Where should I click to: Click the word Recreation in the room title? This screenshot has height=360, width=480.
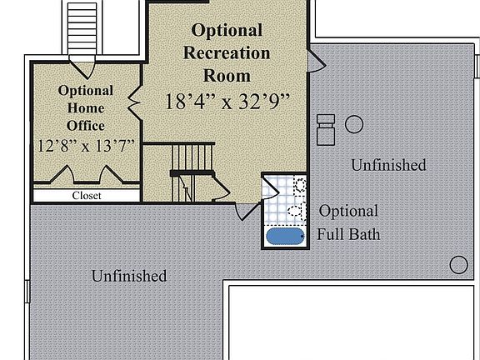tap(227, 53)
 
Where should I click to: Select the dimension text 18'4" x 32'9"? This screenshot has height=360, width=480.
tap(227, 102)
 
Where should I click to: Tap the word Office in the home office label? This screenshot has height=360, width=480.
tap(86, 125)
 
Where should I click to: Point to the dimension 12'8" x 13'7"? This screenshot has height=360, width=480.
tap(86, 145)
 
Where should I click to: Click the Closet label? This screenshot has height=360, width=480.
tap(86, 196)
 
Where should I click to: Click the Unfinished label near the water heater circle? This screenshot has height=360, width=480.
tap(388, 165)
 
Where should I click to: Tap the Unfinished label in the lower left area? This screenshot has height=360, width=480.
tap(129, 276)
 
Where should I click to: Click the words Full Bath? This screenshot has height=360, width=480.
tap(348, 234)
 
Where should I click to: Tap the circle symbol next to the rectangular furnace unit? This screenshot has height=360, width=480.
tap(354, 124)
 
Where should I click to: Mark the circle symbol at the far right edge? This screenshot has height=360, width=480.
tap(458, 265)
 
